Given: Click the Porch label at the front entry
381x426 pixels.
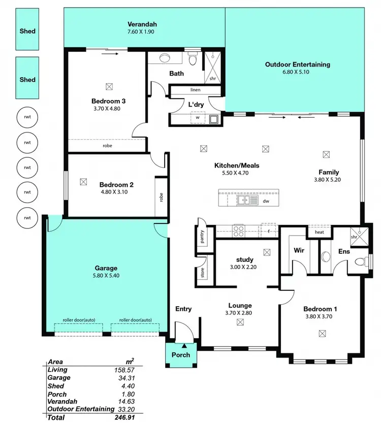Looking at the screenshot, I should coord(180,354).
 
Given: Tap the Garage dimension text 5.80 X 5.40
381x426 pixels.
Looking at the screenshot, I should coord(106,276).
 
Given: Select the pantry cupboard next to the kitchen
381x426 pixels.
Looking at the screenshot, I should coord(202,237).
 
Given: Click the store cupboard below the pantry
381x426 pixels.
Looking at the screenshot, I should coord(202,273).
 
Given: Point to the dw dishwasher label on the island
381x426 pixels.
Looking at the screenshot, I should coord(265,202).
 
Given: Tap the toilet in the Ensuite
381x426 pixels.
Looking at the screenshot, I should coord(360,262).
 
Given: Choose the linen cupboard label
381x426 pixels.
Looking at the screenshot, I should coord(196,90).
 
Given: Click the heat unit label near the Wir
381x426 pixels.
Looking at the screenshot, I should coord(319,232).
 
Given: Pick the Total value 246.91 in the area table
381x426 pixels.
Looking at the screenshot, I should coord(124,417).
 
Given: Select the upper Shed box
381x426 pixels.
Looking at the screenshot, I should coord(27,31).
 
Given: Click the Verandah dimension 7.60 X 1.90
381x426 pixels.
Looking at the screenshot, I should coord(142,32).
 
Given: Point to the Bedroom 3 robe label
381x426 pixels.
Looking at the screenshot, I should coord(107,146).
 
